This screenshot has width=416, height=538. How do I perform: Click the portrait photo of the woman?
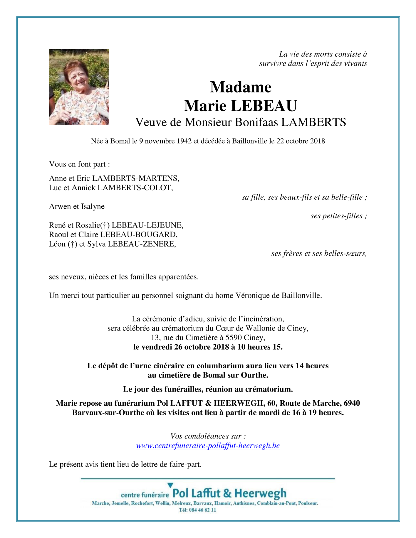pyautogui.click(x=79, y=87)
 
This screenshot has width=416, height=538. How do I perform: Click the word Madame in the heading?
pyautogui.click(x=240, y=87)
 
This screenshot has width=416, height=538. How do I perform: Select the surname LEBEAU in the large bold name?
pyautogui.click(x=264, y=106)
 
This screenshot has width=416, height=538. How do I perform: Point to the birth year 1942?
pyautogui.click(x=184, y=141)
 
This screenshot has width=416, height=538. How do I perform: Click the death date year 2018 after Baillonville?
pyautogui.click(x=317, y=141)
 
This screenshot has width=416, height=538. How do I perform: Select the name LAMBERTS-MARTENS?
pyautogui.click(x=135, y=178)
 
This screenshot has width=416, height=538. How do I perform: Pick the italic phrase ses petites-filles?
pyautogui.click(x=338, y=216)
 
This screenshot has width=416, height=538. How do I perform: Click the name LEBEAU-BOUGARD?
pyautogui.click(x=139, y=235)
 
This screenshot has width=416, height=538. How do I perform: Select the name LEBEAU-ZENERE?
pyautogui.click(x=142, y=244)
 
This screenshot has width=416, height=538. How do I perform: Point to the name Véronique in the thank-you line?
pyautogui.click(x=253, y=296)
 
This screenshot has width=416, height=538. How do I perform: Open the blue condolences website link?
pyautogui.click(x=208, y=446)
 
